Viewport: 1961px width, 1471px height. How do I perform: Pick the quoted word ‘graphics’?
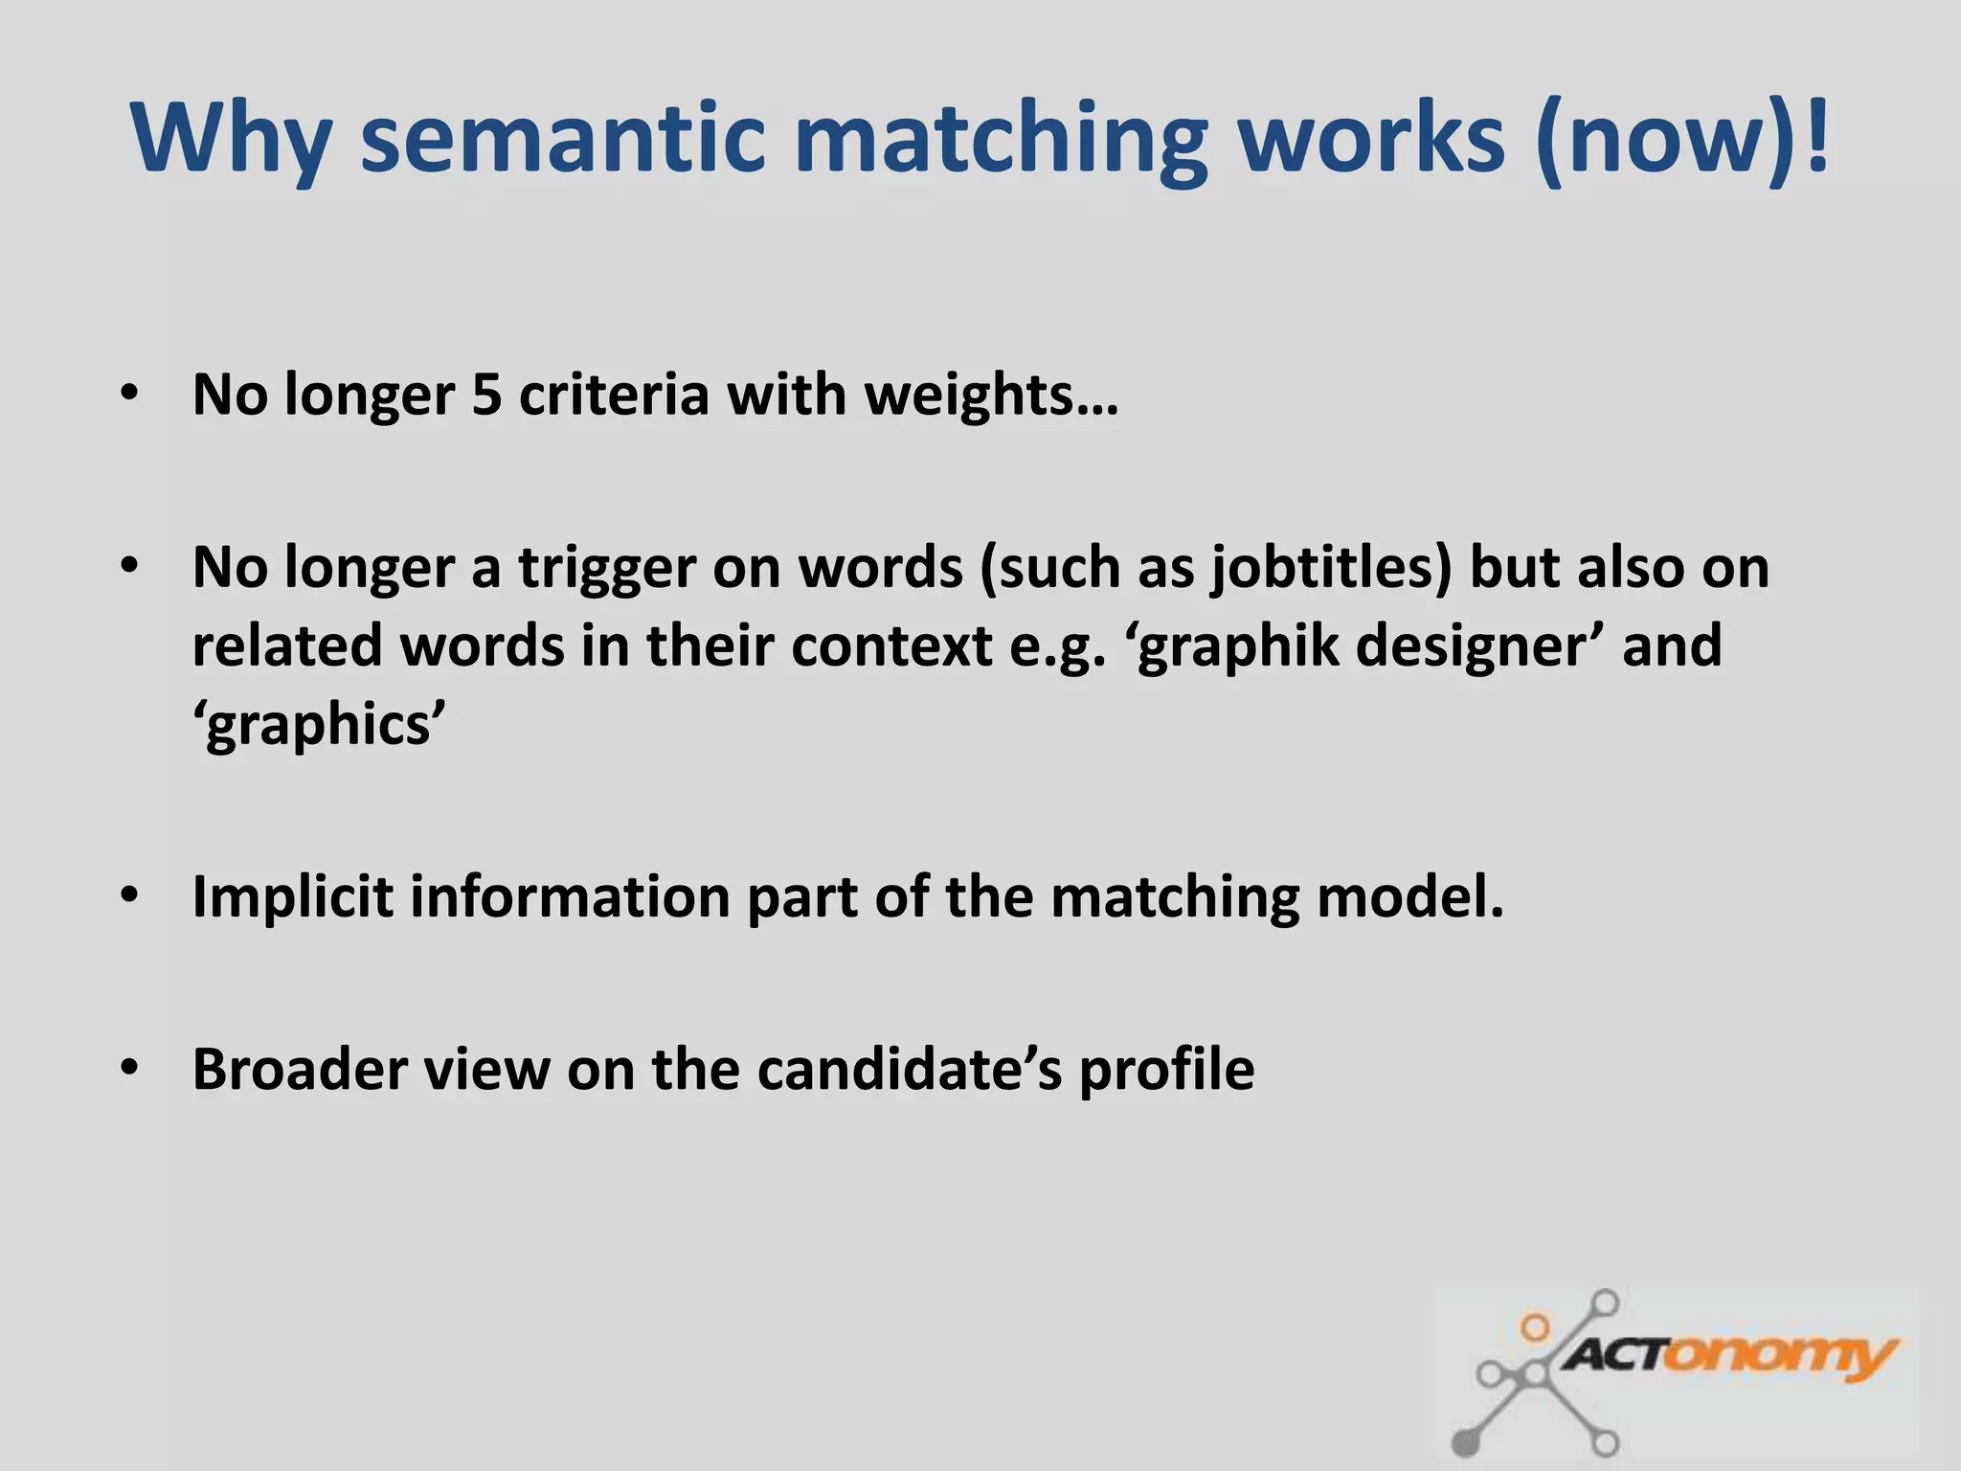pyautogui.click(x=320, y=725)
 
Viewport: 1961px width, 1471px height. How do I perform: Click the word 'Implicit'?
pyautogui.click(x=292, y=897)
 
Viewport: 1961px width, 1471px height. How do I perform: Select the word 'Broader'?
pyautogui.click(x=300, y=1070)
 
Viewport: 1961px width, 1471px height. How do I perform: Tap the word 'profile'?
pyautogui.click(x=1166, y=1070)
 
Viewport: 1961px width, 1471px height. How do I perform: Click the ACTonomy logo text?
pyautogui.click(x=1728, y=1355)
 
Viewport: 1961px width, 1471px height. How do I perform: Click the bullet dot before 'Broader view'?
pyautogui.click(x=130, y=1068)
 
